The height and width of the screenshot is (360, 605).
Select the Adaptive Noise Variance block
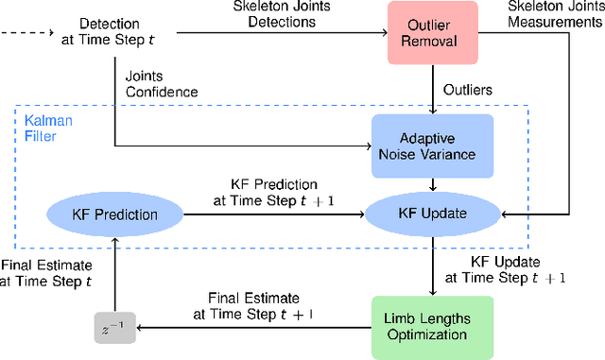tap(434, 143)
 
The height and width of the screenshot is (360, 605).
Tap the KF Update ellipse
tap(434, 214)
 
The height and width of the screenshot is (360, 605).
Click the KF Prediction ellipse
tap(113, 214)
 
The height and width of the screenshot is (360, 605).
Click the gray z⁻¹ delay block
tap(113, 330)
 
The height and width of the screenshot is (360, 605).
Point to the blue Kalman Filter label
tap(42, 130)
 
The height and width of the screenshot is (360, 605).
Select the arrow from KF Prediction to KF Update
tap(274, 214)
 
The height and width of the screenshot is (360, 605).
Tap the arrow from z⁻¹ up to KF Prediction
tap(113, 274)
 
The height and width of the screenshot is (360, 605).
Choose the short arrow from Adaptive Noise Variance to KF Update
tap(434, 185)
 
